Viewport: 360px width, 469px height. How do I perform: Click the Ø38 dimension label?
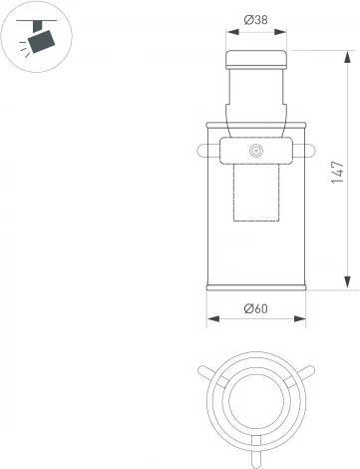[x=256, y=19]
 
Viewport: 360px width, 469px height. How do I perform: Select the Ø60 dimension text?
[x=256, y=309]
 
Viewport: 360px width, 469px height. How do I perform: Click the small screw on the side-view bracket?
[x=256, y=152]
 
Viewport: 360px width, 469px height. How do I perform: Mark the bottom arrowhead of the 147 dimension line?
[x=346, y=284]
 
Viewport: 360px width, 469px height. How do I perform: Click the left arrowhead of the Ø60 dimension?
[x=210, y=319]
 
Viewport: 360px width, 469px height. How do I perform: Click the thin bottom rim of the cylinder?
[x=256, y=288]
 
